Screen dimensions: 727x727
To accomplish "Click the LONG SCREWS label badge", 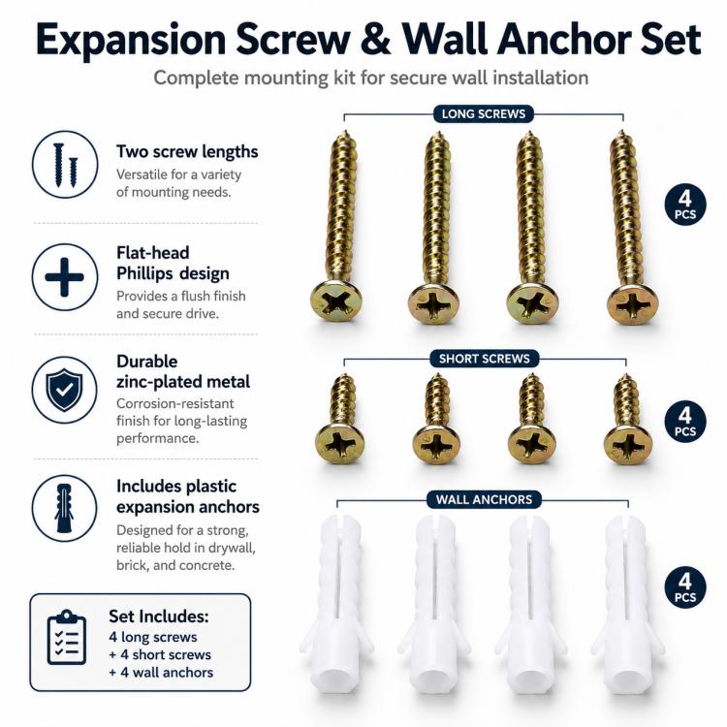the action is point(483,114).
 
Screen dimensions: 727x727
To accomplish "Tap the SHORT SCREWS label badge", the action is point(484,359).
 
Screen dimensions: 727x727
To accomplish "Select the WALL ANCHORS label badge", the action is point(484,499).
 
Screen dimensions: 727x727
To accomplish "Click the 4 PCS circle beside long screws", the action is point(685,205).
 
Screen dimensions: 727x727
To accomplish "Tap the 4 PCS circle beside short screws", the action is point(685,422).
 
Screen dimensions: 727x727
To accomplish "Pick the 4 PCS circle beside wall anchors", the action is point(685,587).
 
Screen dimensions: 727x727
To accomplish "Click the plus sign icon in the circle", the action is point(64,277).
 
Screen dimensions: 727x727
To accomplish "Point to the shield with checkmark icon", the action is point(64,390).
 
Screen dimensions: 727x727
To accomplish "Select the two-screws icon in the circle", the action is point(65,165).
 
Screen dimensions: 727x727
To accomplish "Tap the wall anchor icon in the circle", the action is point(64,508).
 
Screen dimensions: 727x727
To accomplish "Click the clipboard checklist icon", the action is point(67,637).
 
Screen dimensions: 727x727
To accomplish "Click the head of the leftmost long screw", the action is point(336,300).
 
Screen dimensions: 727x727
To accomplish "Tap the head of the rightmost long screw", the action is point(632,304).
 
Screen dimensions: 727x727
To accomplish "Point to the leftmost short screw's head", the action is point(339,442).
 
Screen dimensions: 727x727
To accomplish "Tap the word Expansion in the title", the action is point(131,41).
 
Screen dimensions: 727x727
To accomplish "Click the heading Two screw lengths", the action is point(187,151).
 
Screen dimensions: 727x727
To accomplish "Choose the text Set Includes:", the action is point(159,616).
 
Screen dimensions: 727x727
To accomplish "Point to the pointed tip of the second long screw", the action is point(437,134).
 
